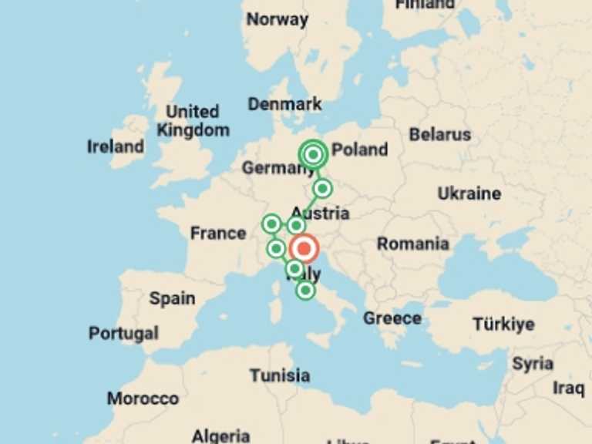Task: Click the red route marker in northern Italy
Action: pyautogui.click(x=304, y=249)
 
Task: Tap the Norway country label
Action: pyautogui.click(x=277, y=19)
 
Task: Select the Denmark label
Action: pyautogui.click(x=284, y=104)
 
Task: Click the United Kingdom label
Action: pyautogui.click(x=193, y=121)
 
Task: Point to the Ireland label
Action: pyautogui.click(x=116, y=146)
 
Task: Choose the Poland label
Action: pyautogui.click(x=359, y=150)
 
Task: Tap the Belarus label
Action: pyautogui.click(x=439, y=134)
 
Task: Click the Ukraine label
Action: pyautogui.click(x=469, y=193)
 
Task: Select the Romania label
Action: pyautogui.click(x=412, y=244)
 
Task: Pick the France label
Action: pyautogui.click(x=218, y=233)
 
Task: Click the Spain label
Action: pyautogui.click(x=172, y=298)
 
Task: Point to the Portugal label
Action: pyautogui.click(x=123, y=334)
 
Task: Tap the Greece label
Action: pyautogui.click(x=392, y=318)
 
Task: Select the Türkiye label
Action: pyautogui.click(x=503, y=324)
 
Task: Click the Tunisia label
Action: pyautogui.click(x=280, y=375)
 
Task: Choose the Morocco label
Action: pyautogui.click(x=143, y=399)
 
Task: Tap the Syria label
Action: pyautogui.click(x=532, y=363)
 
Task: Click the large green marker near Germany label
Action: pyautogui.click(x=313, y=155)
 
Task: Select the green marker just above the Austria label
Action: pyautogui.click(x=322, y=189)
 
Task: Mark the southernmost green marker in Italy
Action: pyautogui.click(x=306, y=291)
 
